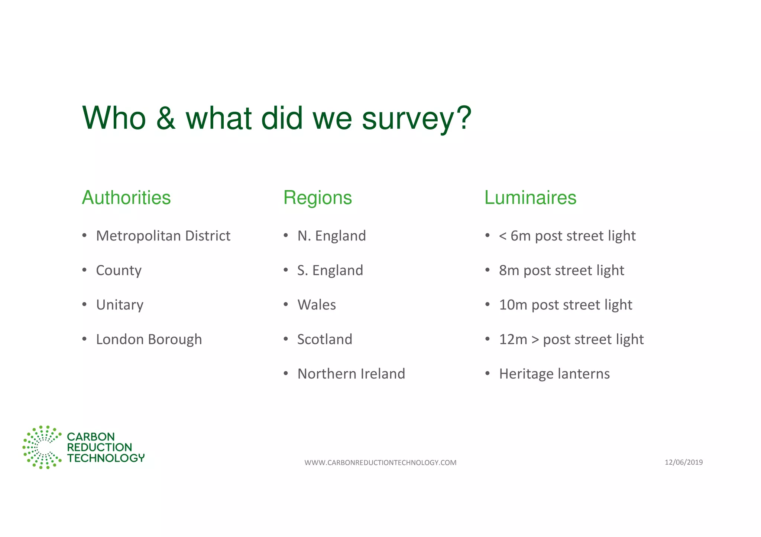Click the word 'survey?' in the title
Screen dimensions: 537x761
point(417,119)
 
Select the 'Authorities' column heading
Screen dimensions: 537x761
point(126,197)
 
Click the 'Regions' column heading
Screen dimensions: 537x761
point(317,197)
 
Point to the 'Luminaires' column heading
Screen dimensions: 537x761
point(530,197)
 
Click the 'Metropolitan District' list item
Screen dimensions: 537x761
point(163,236)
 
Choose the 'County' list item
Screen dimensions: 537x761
point(119,271)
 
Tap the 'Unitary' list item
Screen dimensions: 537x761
point(120,305)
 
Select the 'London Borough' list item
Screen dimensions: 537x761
point(149,340)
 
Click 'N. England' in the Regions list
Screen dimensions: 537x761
point(331,236)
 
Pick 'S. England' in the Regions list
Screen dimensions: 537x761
point(330,271)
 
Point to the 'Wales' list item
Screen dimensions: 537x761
point(317,305)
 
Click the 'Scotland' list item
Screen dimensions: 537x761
point(325,340)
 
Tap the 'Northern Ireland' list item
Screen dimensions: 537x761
point(351,374)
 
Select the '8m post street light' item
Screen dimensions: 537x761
point(561,271)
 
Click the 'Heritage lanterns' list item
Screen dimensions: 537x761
point(554,374)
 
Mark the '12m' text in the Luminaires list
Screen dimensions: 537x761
point(513,340)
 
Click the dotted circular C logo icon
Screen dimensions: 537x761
point(42,447)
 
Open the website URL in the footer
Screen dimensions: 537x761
point(380,462)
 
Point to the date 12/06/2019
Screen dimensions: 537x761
point(684,462)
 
